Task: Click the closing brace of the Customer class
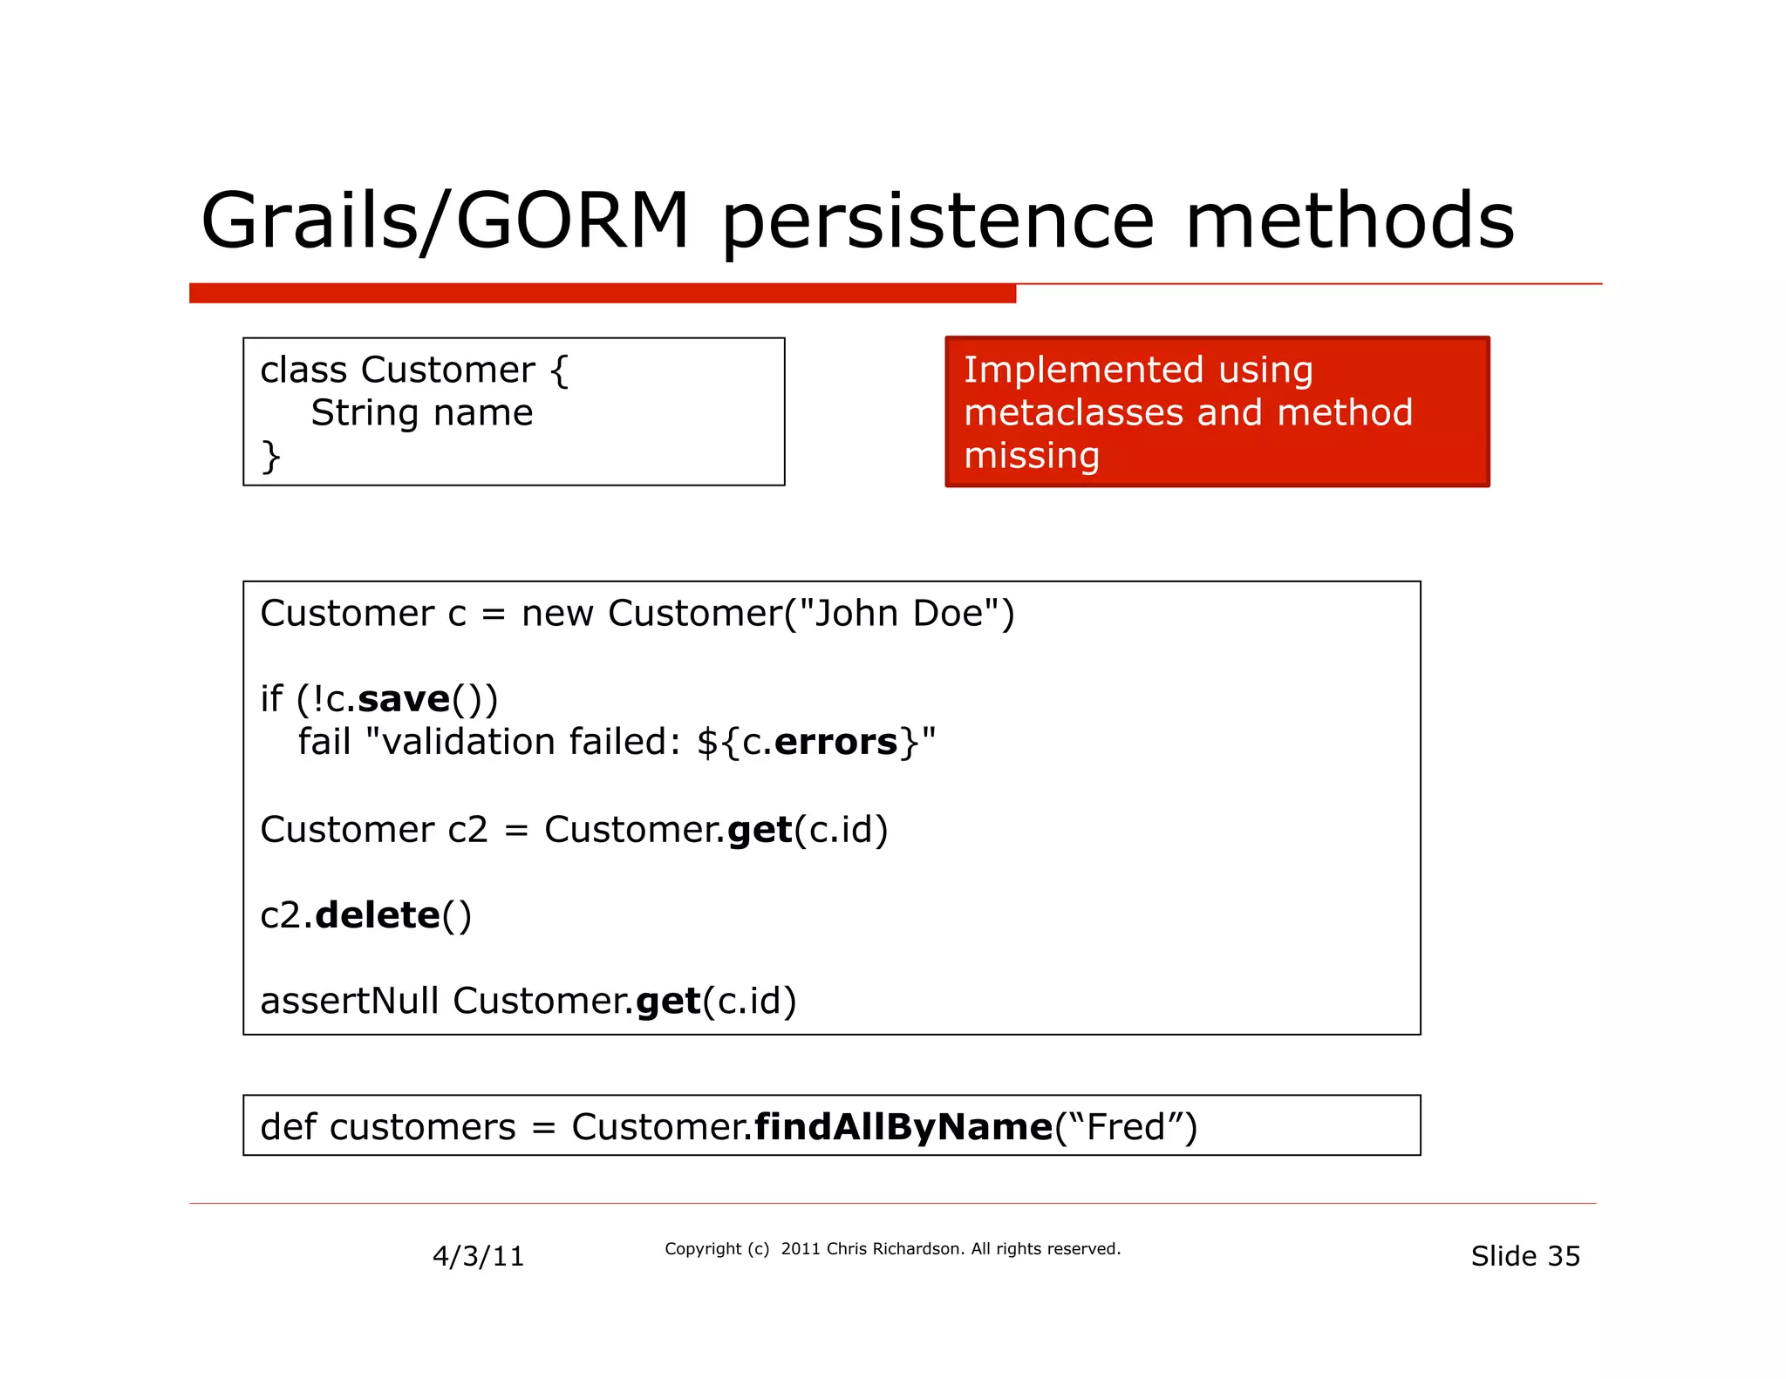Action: [x=270, y=456]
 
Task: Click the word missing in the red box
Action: [x=1031, y=456]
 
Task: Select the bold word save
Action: [x=404, y=699]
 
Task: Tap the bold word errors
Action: [x=835, y=742]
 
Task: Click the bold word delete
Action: [x=378, y=915]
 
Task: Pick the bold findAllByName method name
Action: [x=903, y=1127]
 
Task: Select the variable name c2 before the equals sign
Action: [x=467, y=830]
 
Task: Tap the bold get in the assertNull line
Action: [x=668, y=1002]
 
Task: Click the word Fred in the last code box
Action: [x=1126, y=1127]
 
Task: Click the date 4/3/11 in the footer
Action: [x=478, y=1256]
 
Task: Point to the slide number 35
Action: [x=1563, y=1256]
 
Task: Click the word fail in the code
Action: [x=324, y=742]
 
